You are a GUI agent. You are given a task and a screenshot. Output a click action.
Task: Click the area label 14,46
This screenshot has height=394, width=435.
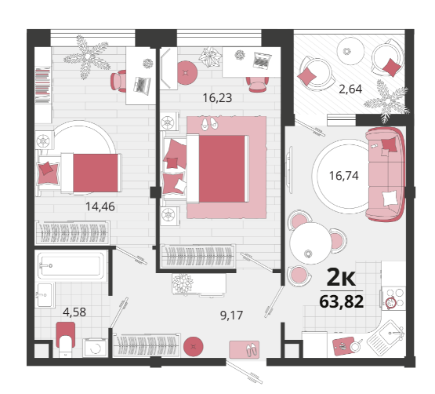[100, 206]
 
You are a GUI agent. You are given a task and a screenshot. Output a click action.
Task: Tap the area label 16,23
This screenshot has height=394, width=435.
[217, 98]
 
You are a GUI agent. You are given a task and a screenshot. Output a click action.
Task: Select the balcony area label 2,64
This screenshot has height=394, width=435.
[350, 89]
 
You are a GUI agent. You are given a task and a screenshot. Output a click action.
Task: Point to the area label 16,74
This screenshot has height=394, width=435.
[344, 176]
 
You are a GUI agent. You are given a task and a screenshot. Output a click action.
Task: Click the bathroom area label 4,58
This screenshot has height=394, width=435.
[74, 312]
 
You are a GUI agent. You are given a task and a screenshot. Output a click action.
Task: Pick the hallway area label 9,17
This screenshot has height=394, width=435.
[231, 316]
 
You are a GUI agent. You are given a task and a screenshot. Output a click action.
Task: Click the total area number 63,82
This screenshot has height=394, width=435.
[342, 301]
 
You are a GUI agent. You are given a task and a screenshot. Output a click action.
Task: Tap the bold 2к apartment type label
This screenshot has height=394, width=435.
[341, 277]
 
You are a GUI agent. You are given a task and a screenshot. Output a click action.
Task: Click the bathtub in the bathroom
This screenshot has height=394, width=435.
[71, 266]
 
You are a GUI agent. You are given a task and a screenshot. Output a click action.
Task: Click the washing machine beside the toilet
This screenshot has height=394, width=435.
[95, 348]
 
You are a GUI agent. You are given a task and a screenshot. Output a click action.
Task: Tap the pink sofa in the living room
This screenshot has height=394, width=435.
[385, 174]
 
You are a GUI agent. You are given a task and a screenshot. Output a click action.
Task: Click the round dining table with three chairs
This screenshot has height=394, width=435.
[310, 243]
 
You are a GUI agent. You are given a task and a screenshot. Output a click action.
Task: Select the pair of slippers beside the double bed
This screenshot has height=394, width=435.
[209, 123]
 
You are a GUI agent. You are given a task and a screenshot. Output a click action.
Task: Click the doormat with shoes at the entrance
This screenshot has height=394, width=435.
[244, 349]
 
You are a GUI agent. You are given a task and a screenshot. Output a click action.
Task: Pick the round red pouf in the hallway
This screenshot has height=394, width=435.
[194, 346]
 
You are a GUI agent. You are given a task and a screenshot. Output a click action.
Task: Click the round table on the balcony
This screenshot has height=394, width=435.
[350, 51]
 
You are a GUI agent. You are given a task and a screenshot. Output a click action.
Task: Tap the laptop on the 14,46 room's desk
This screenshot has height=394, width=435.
[142, 86]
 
